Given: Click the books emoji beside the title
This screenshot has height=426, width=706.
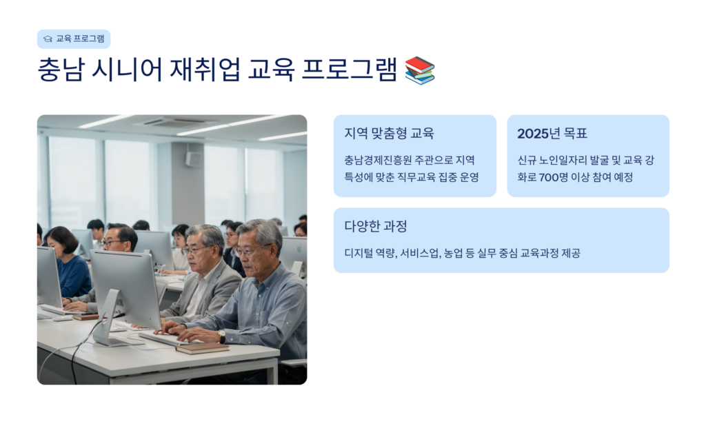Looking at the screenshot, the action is (x=420, y=70).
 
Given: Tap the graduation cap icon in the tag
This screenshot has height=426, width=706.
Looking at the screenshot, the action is (x=48, y=39).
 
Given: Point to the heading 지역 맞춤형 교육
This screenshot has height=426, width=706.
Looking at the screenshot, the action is (x=389, y=133).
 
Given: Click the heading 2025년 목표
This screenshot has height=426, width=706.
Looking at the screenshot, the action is (x=552, y=133).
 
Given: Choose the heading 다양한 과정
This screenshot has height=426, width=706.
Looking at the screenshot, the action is (x=376, y=226).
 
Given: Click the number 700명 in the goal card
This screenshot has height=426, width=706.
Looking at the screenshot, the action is (x=554, y=177).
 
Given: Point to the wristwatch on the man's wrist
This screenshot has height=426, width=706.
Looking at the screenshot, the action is (x=221, y=336).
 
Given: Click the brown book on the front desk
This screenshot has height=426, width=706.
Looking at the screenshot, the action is (x=203, y=348).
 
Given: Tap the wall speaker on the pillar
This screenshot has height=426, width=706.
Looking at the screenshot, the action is (x=194, y=159).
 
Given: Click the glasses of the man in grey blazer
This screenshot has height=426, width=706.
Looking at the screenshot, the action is (x=196, y=249).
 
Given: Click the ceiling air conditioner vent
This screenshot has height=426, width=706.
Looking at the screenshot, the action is (x=176, y=121).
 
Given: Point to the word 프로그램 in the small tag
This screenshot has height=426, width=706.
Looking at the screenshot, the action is (x=89, y=39).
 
